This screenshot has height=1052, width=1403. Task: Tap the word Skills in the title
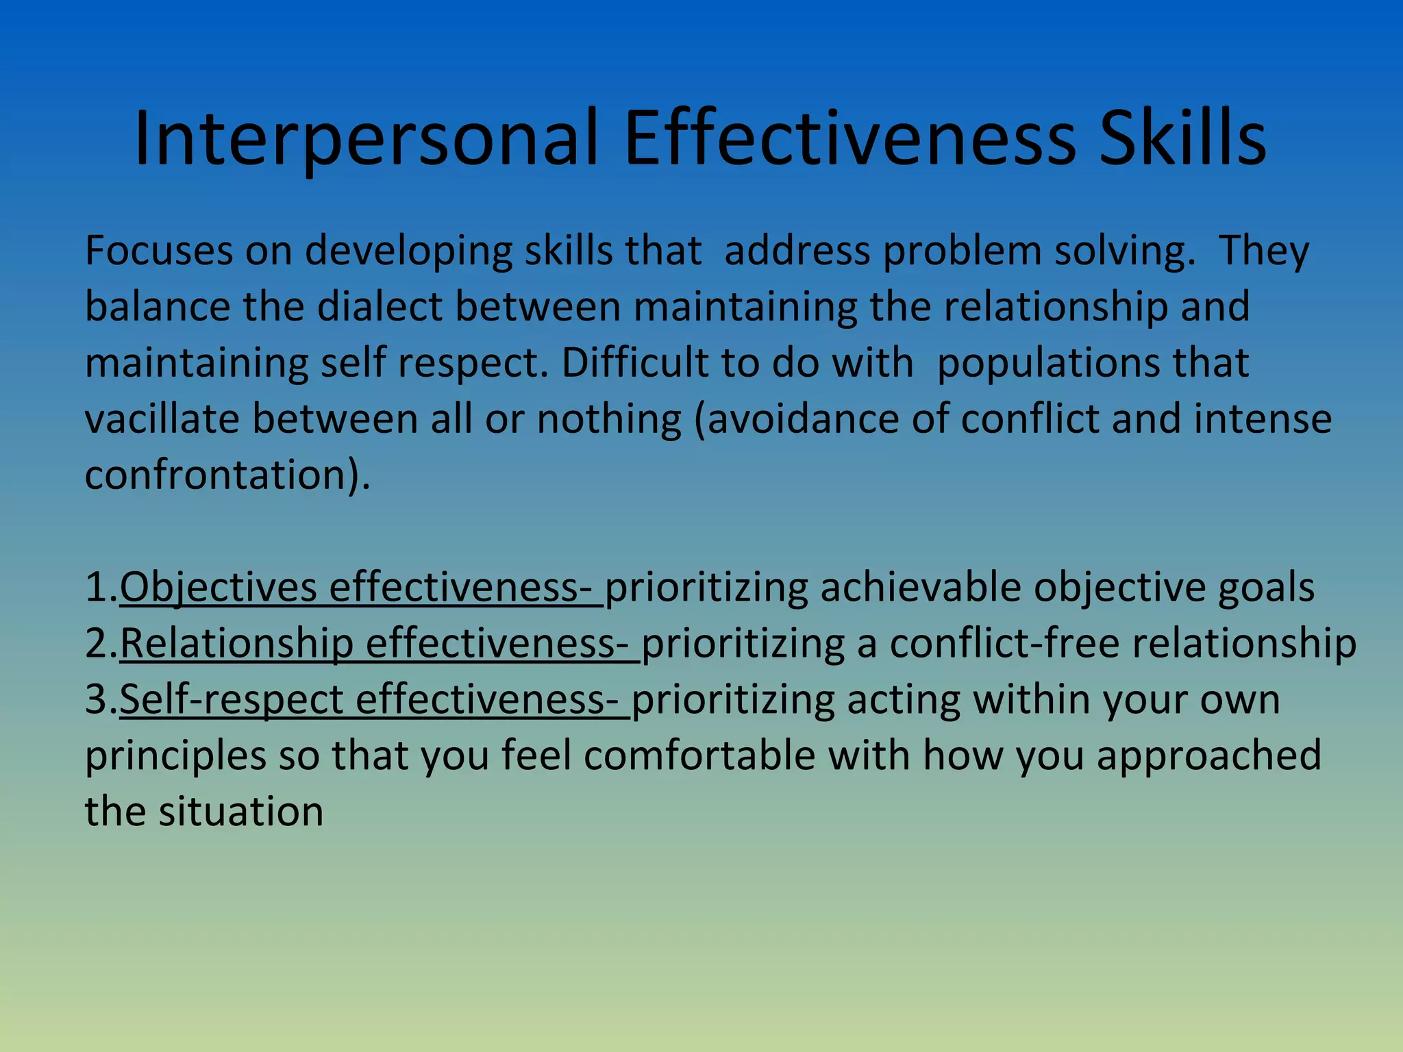[1182, 139]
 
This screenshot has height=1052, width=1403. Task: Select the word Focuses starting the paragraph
[158, 251]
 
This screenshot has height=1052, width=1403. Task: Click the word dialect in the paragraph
[380, 307]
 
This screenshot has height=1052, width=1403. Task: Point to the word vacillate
[162, 418]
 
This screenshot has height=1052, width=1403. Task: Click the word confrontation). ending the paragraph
[227, 475]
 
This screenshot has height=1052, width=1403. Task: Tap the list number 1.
[100, 588]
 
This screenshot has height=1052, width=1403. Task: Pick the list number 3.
[100, 700]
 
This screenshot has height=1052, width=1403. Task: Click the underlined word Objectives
[219, 588]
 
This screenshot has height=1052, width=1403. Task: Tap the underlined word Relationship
[237, 644]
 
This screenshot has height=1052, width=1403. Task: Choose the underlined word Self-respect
[232, 700]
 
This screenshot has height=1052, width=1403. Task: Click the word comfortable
[699, 756]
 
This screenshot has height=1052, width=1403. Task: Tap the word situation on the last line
[241, 812]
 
